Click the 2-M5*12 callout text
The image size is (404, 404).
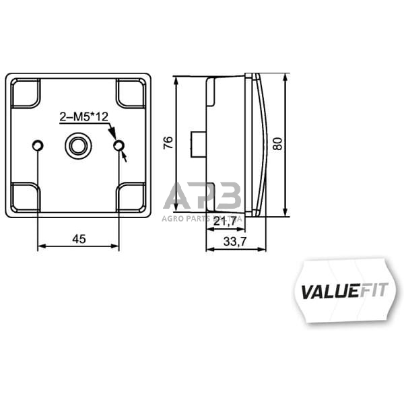[x=85, y=118]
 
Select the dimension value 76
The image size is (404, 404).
[x=168, y=142]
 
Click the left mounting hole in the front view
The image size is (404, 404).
[x=38, y=145]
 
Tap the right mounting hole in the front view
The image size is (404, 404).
[x=119, y=145]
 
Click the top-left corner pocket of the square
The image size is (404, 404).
[x=26, y=94]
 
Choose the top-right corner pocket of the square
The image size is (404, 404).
[x=131, y=94]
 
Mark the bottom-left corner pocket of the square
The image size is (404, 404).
[x=26, y=197]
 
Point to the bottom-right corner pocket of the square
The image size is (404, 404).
[x=131, y=197]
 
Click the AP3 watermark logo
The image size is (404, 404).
[x=202, y=197]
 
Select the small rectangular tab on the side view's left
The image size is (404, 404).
[x=198, y=143]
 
